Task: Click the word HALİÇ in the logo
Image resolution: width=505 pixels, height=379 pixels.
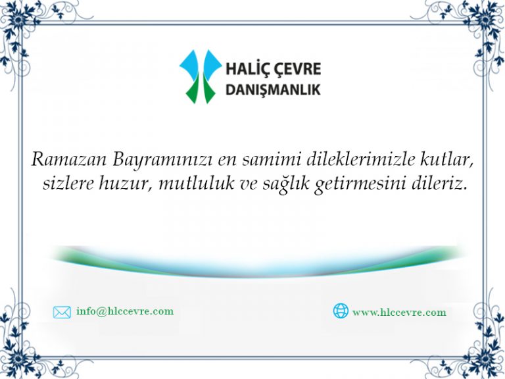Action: tap(246, 69)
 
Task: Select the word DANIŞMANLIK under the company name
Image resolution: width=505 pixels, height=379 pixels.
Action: tap(273, 90)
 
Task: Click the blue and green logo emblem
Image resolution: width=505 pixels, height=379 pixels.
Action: tap(201, 76)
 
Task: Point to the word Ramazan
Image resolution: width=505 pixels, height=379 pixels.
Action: tap(69, 159)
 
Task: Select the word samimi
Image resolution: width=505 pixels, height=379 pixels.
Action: tap(271, 159)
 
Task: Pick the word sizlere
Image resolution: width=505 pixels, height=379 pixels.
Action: tap(68, 184)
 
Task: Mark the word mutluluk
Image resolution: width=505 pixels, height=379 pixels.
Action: tap(197, 183)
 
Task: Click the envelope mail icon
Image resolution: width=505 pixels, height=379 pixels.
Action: tap(62, 313)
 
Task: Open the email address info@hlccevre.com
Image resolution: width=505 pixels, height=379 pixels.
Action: tap(125, 311)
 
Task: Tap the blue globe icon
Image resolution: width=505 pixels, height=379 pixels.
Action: tap(341, 311)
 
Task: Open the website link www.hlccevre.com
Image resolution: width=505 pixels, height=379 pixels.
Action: tap(399, 313)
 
